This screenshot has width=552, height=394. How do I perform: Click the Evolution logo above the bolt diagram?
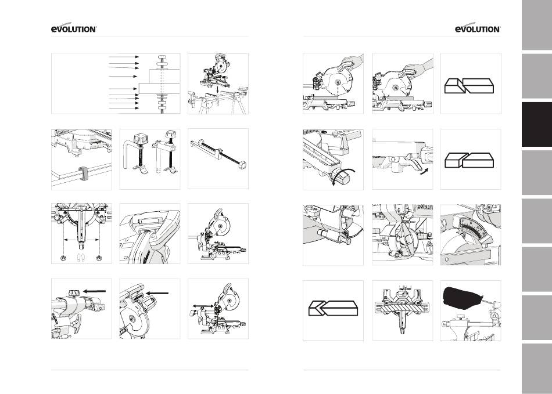pyautogui.click(x=74, y=29)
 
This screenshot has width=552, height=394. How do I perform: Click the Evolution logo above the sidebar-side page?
pyautogui.click(x=478, y=29)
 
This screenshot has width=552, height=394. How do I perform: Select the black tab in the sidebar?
pyautogui.click(x=537, y=124)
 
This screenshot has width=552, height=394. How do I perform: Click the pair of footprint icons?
pyautogui.click(x=81, y=258)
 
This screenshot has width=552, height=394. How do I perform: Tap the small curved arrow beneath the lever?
pyautogui.click(x=425, y=171)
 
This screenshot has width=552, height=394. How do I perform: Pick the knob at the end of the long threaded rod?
pyautogui.click(x=242, y=164)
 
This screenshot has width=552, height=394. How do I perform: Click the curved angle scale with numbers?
pyautogui.click(x=472, y=229)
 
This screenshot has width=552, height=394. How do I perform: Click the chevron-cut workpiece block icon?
pyautogui.click(x=333, y=308)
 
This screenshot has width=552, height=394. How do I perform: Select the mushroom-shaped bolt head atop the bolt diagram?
pyautogui.click(x=162, y=57)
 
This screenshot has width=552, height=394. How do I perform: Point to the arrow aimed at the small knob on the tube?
pyautogui.click(x=95, y=291)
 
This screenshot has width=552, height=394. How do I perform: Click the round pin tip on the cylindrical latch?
pyautogui.click(x=349, y=241)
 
